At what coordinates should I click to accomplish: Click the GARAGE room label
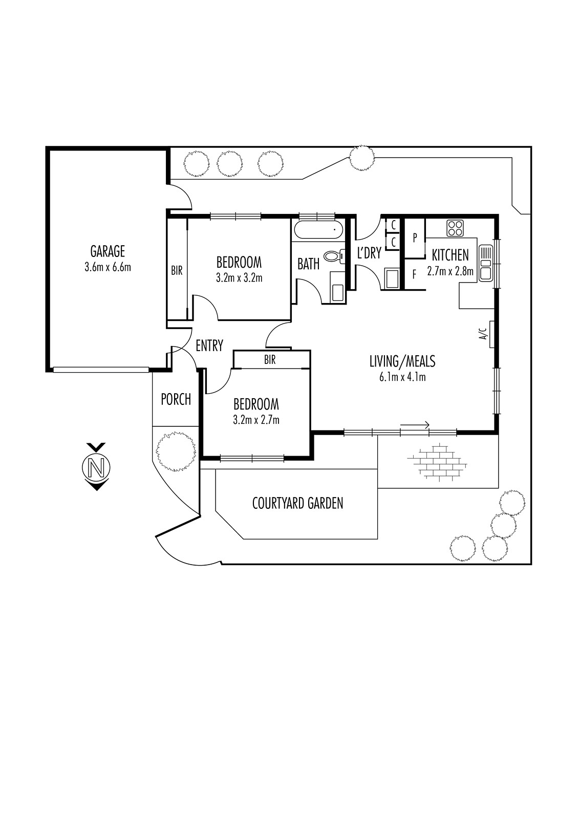pyautogui.click(x=108, y=251)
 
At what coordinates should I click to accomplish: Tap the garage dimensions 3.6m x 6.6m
pyautogui.click(x=108, y=267)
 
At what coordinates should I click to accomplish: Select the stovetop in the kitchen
pyautogui.click(x=455, y=228)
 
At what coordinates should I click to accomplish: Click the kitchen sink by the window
pyautogui.click(x=486, y=263)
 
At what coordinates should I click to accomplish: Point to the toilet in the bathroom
pyautogui.click(x=335, y=255)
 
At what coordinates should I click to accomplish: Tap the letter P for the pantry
pyautogui.click(x=415, y=238)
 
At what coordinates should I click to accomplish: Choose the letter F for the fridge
pyautogui.click(x=414, y=274)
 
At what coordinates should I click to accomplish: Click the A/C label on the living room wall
pyautogui.click(x=483, y=333)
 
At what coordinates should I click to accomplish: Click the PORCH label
pyautogui.click(x=176, y=399)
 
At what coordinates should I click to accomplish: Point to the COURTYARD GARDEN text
pyautogui.click(x=298, y=503)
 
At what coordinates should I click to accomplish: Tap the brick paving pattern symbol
pyautogui.click(x=438, y=461)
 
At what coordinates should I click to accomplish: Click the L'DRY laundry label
pyautogui.click(x=369, y=253)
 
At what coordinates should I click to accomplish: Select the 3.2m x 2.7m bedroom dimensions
pyautogui.click(x=256, y=420)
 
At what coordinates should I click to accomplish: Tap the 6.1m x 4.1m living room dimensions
pyautogui.click(x=402, y=377)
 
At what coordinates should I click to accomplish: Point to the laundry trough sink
pyautogui.click(x=393, y=278)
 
